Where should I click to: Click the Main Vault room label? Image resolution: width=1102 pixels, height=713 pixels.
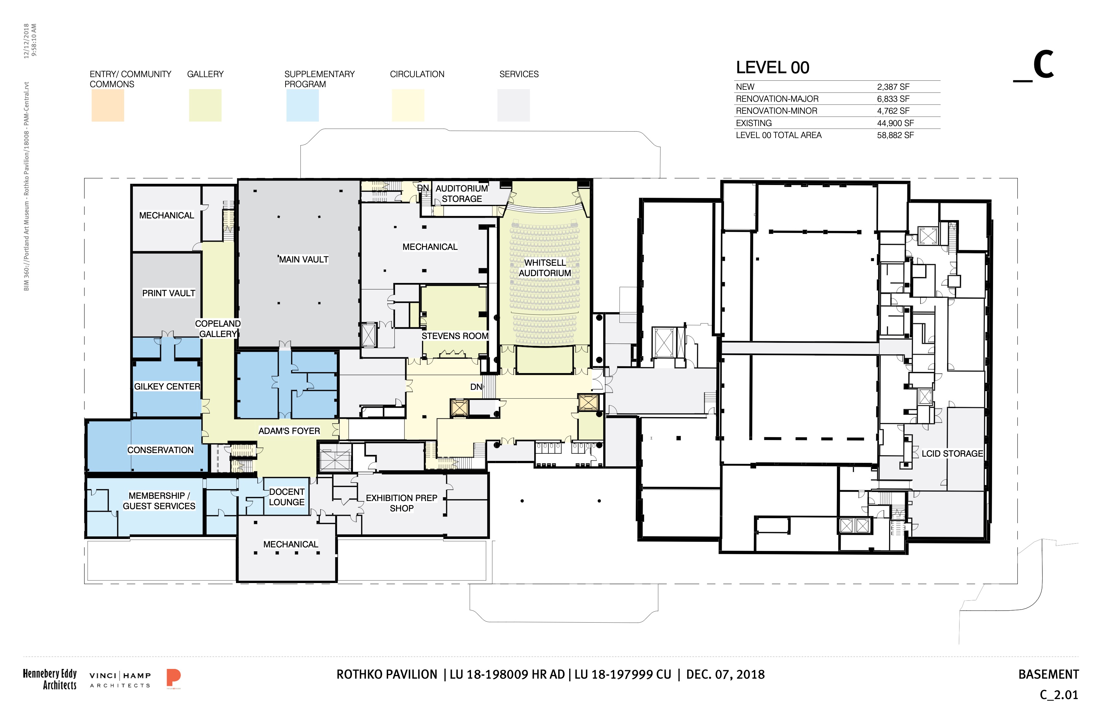click(304, 260)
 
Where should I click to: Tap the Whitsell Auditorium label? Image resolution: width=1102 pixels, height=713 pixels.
click(545, 268)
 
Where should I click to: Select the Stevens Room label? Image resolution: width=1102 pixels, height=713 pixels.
click(455, 336)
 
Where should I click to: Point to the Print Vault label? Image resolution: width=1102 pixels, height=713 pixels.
click(169, 293)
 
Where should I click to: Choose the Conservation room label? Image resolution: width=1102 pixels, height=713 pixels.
click(160, 450)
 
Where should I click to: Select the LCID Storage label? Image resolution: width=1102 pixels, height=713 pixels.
click(952, 454)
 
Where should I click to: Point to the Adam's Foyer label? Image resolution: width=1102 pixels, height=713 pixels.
click(289, 431)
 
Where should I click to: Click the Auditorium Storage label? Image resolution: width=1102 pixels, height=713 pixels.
click(462, 193)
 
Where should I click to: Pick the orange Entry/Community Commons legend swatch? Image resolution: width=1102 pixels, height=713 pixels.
click(108, 106)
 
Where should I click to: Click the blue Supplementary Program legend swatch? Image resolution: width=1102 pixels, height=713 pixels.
click(302, 106)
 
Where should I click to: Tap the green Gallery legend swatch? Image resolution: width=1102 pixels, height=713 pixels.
click(205, 106)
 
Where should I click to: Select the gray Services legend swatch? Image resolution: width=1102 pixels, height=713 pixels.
click(513, 106)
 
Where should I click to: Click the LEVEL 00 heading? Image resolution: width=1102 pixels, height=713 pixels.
click(773, 68)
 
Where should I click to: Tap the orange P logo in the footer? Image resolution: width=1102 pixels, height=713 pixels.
click(174, 678)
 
